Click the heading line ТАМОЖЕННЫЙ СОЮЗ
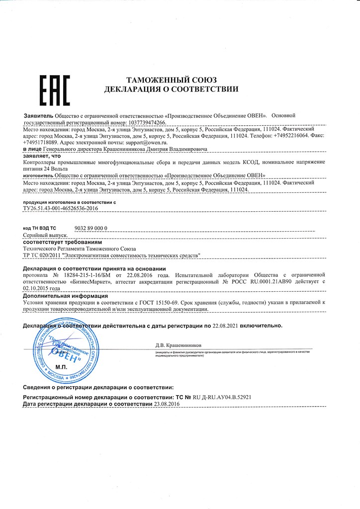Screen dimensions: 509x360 (x=171, y=80)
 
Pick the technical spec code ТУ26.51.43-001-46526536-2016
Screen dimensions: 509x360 (x=61, y=209)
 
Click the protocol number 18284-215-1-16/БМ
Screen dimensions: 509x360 (x=87, y=274)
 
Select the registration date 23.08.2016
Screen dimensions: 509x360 (x=167, y=405)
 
